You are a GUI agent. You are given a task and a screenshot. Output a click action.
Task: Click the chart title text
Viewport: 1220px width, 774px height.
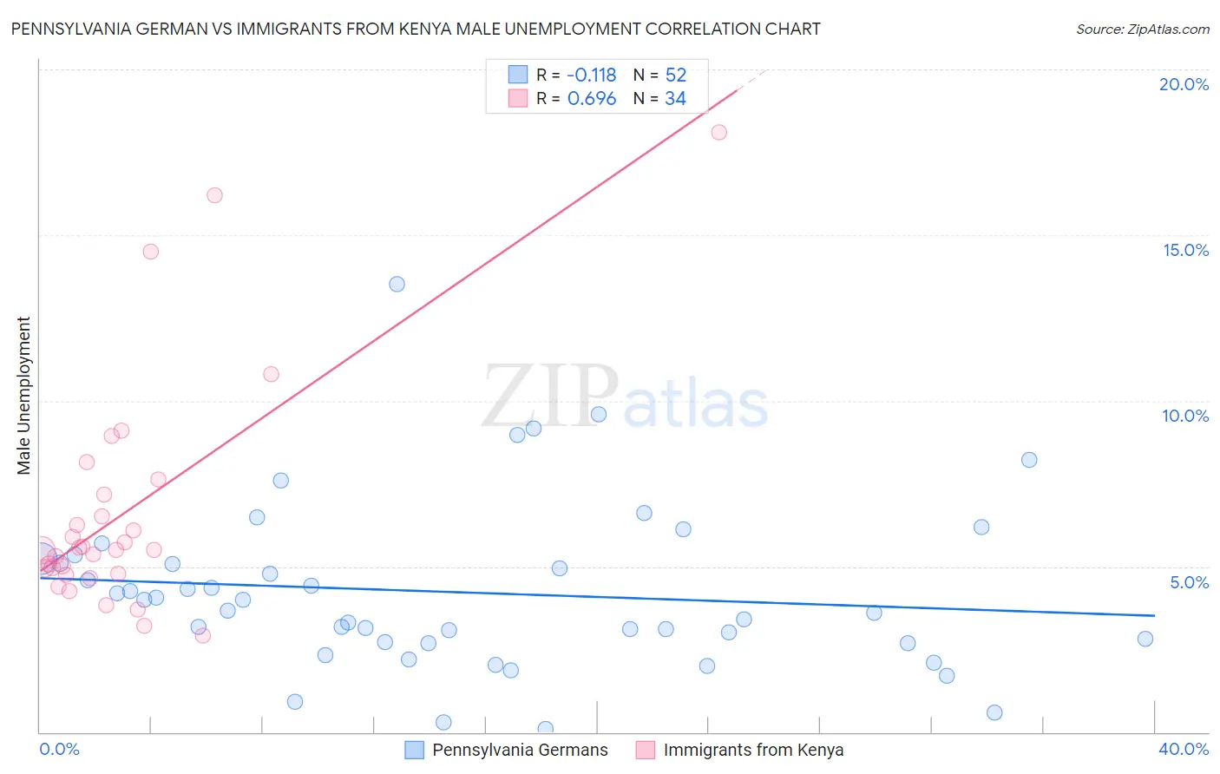416,29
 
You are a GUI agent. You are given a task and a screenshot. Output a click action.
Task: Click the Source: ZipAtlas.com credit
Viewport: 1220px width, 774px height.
1142,30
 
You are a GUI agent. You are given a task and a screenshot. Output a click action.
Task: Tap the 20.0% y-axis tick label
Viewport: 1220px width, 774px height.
1184,84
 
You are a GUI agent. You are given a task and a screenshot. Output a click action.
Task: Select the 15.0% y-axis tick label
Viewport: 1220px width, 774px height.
1185,250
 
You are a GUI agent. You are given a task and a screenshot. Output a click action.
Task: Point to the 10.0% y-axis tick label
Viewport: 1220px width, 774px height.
1185,416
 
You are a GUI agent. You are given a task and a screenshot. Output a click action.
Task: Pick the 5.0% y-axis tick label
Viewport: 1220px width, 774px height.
1189,582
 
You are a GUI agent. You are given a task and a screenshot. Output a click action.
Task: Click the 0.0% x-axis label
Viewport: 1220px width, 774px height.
59,749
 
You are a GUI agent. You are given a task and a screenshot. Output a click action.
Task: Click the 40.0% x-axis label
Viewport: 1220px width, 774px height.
1184,749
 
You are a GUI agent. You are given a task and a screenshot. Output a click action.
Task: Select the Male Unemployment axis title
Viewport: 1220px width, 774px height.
24,395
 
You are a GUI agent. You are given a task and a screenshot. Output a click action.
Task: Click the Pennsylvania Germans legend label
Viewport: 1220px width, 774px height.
520,750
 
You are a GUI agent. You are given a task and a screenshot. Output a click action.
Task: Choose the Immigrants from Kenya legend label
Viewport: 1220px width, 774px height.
753,750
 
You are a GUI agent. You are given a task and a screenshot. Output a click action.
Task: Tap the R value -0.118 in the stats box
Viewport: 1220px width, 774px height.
591,75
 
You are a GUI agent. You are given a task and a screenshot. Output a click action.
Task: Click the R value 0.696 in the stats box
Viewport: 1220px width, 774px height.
591,99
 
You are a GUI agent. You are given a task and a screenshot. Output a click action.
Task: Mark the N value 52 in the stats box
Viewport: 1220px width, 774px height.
676,75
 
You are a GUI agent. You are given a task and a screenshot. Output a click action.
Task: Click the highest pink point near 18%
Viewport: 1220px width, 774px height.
718,133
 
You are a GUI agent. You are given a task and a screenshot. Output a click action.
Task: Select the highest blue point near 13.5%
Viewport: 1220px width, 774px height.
397,284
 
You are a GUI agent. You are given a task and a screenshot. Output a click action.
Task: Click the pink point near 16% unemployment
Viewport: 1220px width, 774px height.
214,195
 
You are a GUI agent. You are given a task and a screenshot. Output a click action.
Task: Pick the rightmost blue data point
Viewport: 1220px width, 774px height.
1145,639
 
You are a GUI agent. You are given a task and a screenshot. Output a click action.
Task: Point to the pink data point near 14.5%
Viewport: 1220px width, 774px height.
150,252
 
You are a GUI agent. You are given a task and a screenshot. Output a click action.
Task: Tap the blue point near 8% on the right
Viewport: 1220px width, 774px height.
1029,460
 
